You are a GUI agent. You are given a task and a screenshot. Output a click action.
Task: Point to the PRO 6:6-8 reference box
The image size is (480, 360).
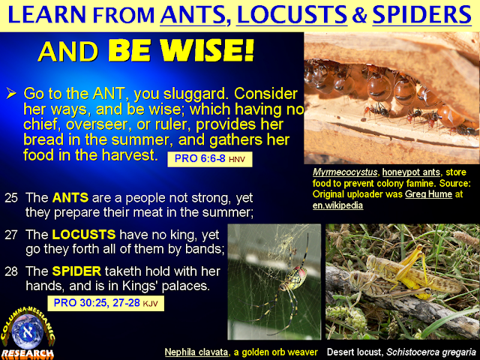(206, 160)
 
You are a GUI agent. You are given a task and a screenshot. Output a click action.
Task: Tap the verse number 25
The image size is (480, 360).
(11, 198)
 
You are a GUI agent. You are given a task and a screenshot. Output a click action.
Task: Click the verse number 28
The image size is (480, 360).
(11, 268)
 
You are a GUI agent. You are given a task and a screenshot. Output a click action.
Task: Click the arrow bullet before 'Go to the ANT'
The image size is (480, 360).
(10, 95)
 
